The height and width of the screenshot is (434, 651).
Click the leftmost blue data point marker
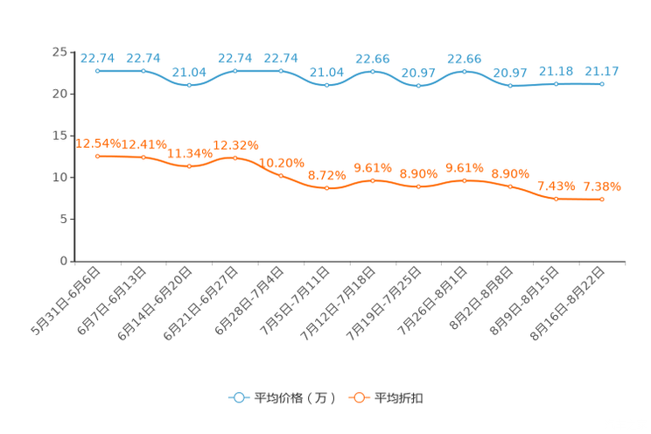pos(97,71)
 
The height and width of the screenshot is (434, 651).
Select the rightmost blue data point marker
pos(602,84)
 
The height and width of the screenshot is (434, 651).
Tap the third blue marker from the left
pos(189,85)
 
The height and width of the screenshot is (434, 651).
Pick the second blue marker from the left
pos(143,71)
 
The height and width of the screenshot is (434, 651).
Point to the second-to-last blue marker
pos(556,84)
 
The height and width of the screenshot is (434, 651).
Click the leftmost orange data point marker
pos(97,156)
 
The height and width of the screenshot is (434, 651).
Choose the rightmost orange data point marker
pos(602,199)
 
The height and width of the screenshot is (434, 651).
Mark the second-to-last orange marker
pos(556,199)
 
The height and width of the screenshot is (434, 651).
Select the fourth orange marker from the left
pos(235,157)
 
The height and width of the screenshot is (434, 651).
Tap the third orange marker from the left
pos(189,165)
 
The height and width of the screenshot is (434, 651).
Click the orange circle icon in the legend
pos(359,398)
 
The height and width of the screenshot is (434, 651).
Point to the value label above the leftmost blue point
pos(97,57)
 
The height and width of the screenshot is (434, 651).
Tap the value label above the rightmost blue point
pos(602,71)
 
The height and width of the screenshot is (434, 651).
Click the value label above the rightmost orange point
pos(602,185)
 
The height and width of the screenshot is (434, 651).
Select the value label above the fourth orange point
pos(235,144)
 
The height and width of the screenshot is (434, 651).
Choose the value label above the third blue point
pos(189,72)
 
